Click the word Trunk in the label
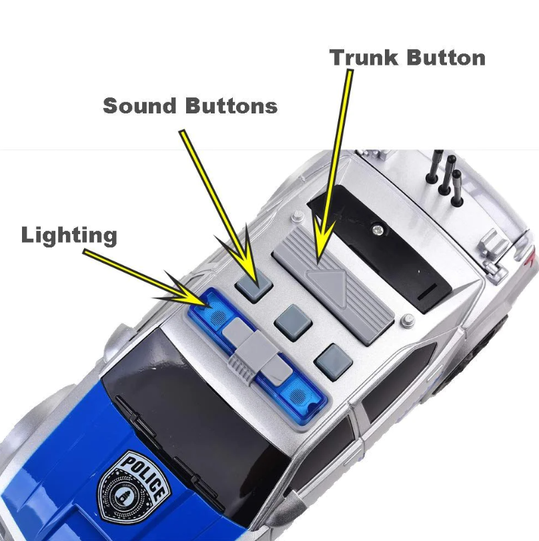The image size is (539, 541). coord(364,57)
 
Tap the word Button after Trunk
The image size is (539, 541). coord(446,57)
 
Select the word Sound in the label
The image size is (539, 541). coord(140,105)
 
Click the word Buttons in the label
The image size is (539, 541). coord(231,105)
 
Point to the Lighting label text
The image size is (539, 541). coord(69,236)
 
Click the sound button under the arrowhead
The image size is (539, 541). coord(254,285)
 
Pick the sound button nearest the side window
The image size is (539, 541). coord(333,362)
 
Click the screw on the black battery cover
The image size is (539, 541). coord(378,229)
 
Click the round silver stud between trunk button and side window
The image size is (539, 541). coord(408,320)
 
